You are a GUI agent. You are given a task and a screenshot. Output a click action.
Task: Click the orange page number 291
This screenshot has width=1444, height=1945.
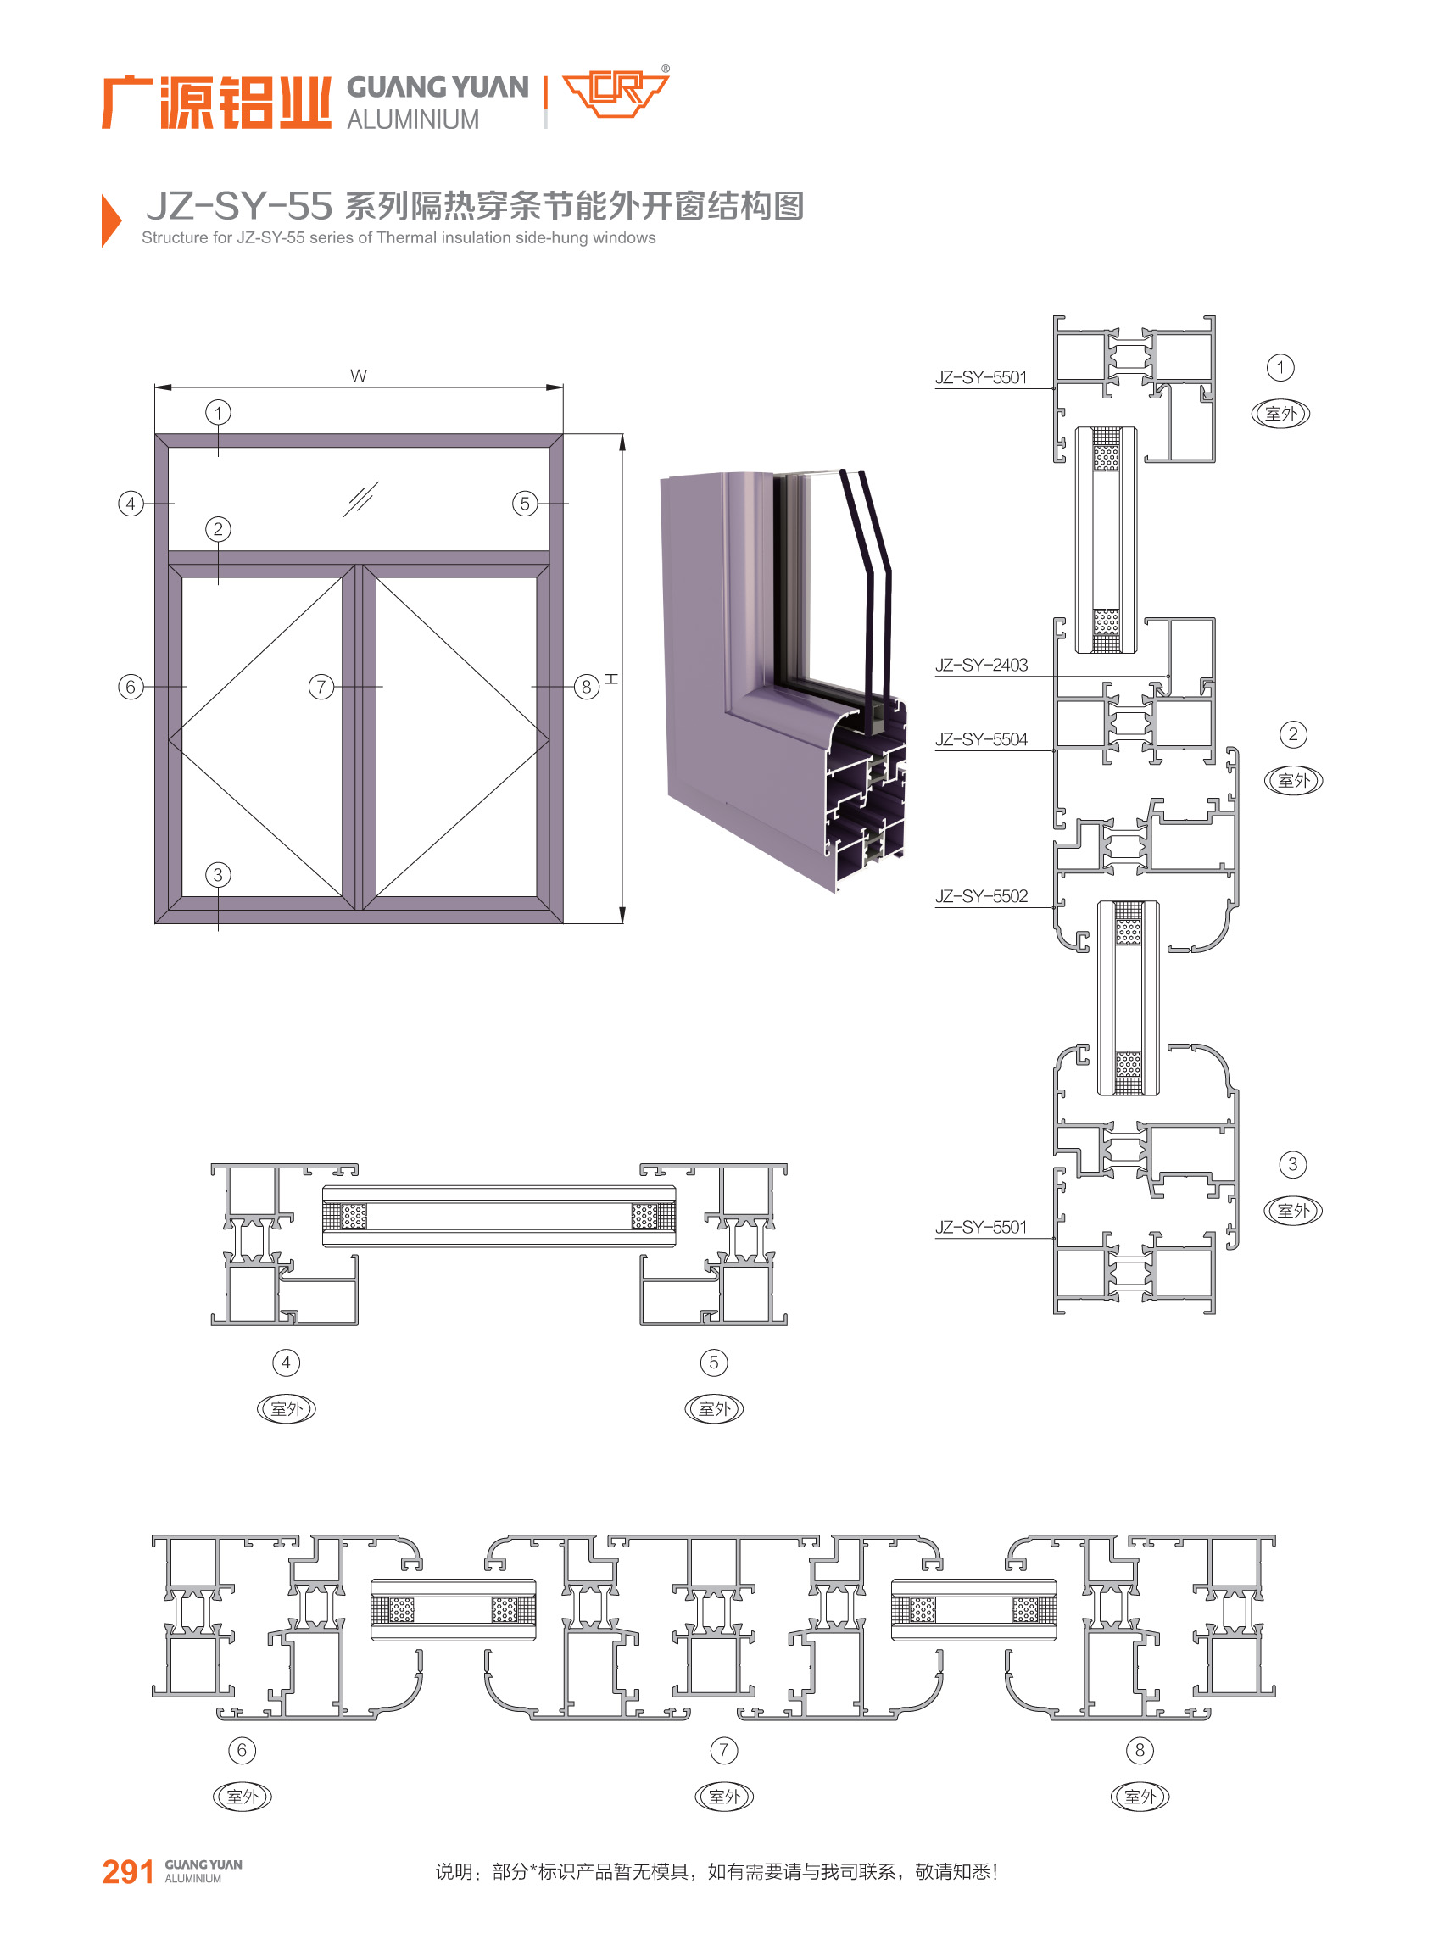coord(128,1870)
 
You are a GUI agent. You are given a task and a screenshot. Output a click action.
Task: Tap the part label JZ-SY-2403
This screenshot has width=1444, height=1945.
coord(981,666)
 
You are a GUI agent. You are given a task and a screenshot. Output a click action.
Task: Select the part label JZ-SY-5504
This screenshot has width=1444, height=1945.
coord(981,739)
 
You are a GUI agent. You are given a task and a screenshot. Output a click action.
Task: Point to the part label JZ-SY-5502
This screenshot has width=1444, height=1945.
coord(981,896)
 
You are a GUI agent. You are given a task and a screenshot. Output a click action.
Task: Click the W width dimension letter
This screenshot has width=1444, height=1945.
coord(359,376)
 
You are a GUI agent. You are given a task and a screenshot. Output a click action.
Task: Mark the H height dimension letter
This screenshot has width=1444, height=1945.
coord(611,678)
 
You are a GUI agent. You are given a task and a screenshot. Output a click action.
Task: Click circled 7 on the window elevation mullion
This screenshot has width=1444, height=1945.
coord(321,686)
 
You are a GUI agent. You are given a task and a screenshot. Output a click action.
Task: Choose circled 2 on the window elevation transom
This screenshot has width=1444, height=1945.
coord(218,529)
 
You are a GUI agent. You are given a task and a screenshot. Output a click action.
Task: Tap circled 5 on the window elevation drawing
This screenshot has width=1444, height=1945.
coord(525,503)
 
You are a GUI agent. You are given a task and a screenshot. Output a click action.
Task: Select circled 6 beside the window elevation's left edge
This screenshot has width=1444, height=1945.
coord(131,686)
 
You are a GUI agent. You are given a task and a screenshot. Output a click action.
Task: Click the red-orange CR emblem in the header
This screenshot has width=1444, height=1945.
coord(616,92)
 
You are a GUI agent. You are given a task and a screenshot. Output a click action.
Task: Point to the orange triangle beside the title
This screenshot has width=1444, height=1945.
coord(111,220)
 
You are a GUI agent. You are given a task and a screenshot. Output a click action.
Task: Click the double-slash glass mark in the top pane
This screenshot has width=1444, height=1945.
coord(360,499)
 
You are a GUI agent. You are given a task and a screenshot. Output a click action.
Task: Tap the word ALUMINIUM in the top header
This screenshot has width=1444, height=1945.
coord(413,120)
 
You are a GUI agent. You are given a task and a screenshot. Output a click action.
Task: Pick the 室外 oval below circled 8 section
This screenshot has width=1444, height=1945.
coord(1140,1797)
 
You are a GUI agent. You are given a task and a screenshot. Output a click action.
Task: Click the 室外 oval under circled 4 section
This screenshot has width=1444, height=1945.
coord(286,1408)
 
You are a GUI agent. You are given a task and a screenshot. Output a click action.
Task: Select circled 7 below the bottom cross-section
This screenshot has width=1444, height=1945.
coord(723,1750)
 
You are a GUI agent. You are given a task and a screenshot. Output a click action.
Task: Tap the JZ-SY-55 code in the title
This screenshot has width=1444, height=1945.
coord(238,206)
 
